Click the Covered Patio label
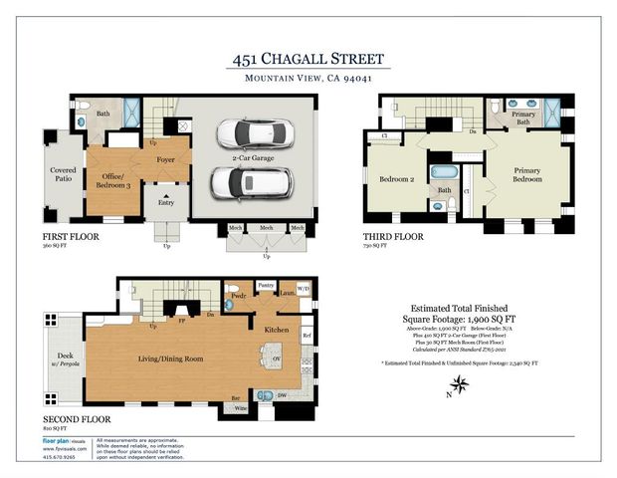63,176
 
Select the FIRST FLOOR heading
69,236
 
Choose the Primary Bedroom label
525,176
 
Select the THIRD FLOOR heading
394,237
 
